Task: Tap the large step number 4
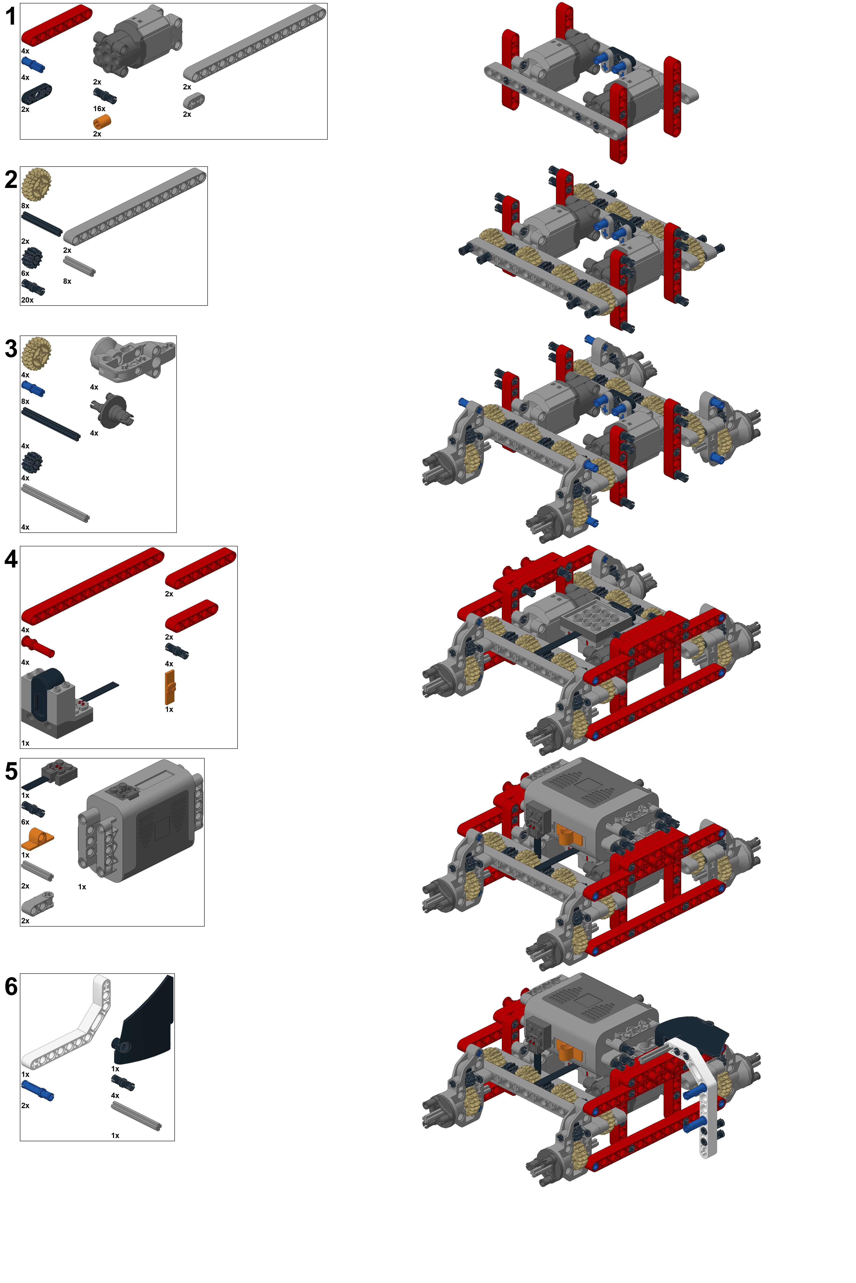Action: pyautogui.click(x=11, y=559)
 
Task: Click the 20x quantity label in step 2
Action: pyautogui.click(x=27, y=300)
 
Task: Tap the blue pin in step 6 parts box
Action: pyautogui.click(x=38, y=1091)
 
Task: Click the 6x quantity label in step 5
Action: pyautogui.click(x=25, y=822)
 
